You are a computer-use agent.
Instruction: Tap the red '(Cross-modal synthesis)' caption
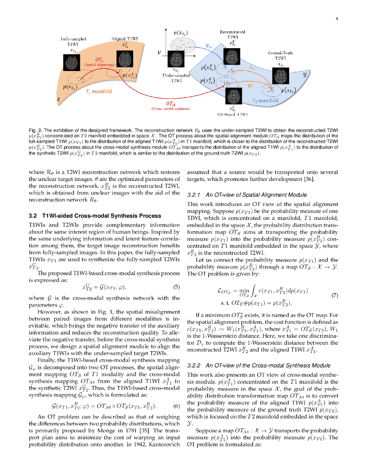coord(170,109)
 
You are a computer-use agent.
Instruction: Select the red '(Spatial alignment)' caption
coord(98,65)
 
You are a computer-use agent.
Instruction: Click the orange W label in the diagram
coord(249,86)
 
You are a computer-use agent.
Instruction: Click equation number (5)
coord(176,287)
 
